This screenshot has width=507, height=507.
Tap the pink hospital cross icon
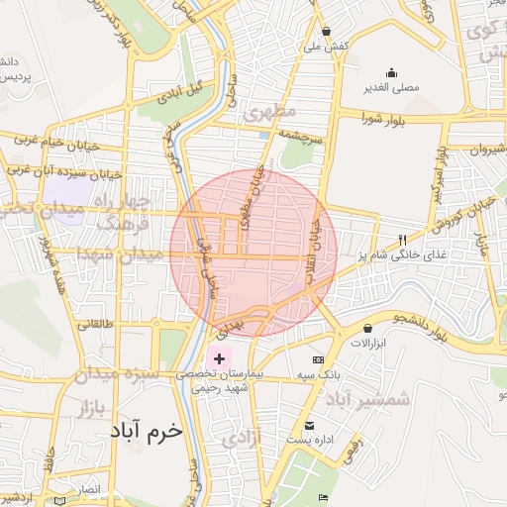click(218, 355)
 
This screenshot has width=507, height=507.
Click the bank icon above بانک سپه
click(318, 359)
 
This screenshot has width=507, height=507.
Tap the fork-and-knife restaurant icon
click(401, 240)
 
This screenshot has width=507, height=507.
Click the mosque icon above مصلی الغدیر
click(392, 72)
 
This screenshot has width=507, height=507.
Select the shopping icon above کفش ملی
click(327, 31)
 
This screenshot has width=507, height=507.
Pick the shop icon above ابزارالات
click(368, 328)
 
